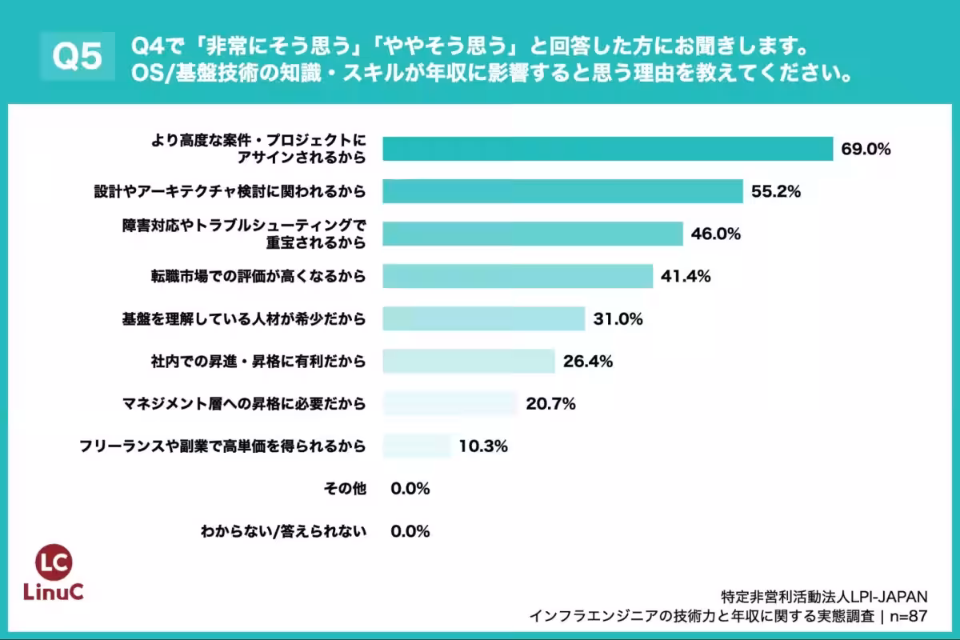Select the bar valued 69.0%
(x=608, y=150)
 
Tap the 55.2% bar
(x=563, y=191)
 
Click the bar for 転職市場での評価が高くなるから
(x=518, y=276)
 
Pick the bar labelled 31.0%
(x=483, y=318)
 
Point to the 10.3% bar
(x=417, y=446)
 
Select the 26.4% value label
(x=587, y=361)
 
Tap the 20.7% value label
(x=550, y=404)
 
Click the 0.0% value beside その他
(x=410, y=488)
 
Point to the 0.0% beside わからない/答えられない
(x=410, y=530)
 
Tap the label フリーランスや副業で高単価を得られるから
(x=222, y=446)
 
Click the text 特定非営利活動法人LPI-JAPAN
(x=824, y=597)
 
